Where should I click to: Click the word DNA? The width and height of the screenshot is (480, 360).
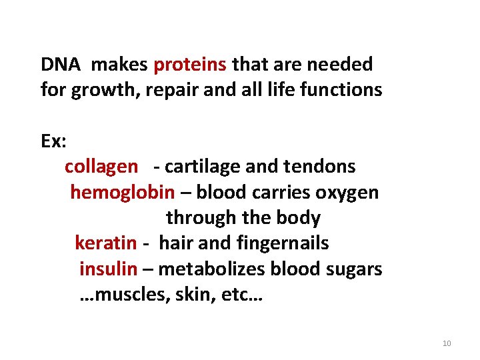[61, 65]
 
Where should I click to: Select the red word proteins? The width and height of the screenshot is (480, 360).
[190, 65]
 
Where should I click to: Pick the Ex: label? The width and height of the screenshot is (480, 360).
[51, 141]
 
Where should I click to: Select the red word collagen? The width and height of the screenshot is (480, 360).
[101, 167]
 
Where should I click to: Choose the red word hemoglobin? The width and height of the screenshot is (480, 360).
[122, 193]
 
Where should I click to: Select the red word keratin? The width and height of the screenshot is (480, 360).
[105, 243]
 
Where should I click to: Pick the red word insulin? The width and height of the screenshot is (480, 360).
[108, 269]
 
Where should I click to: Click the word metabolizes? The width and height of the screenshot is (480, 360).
[213, 269]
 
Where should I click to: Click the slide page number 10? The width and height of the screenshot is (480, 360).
[447, 343]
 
